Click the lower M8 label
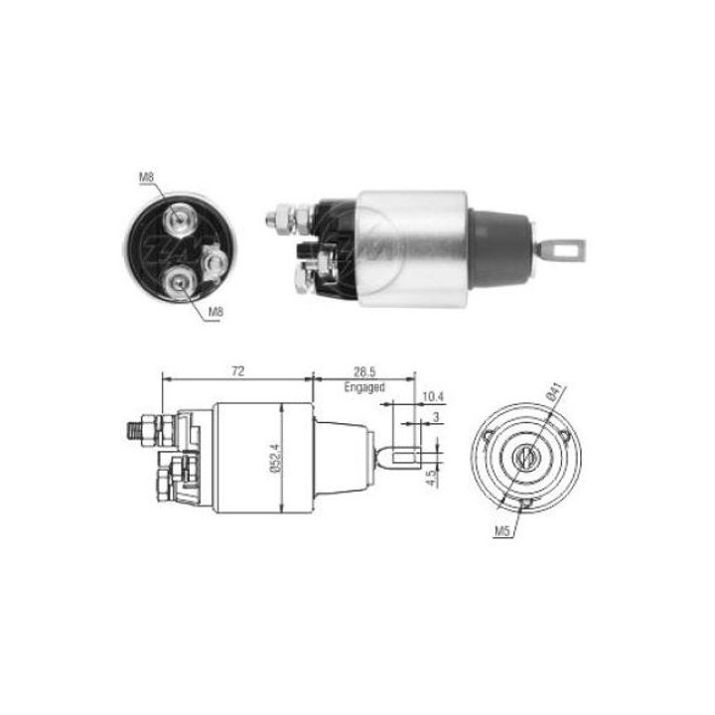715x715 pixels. tap(215, 313)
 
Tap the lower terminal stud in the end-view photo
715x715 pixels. tap(179, 282)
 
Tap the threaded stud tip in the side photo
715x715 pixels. tap(275, 213)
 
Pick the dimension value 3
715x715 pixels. tap(436, 419)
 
